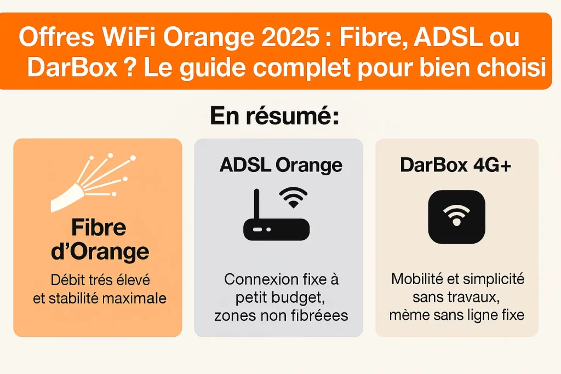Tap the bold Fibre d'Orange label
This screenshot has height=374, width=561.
click(x=98, y=239)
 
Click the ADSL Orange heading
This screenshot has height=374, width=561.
click(x=280, y=165)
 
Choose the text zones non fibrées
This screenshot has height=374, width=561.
click(x=281, y=316)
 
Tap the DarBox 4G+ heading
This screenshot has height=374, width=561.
click(x=456, y=165)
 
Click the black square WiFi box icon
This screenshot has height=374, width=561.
click(x=456, y=217)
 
